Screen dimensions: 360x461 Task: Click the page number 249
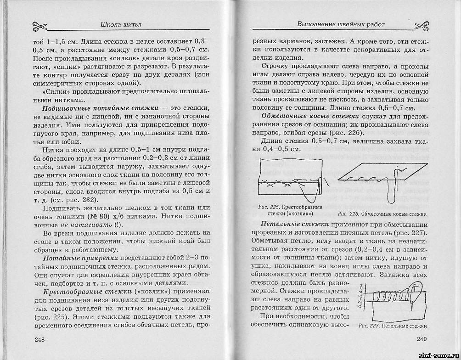(x=422, y=339)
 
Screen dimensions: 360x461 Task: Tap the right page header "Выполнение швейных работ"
(x=341, y=24)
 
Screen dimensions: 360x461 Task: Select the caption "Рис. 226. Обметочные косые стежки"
(x=382, y=214)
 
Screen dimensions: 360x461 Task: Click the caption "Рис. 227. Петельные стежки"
(x=393, y=326)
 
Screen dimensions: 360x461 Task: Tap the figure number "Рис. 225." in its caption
(x=268, y=207)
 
